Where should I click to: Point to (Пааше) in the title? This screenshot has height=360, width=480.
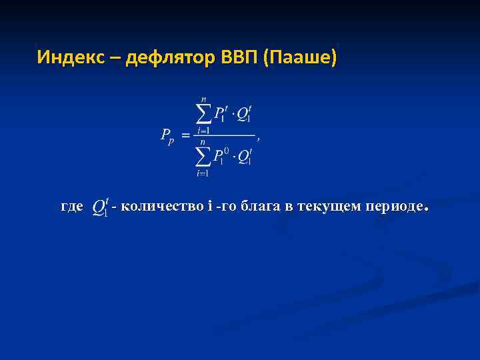click(x=301, y=58)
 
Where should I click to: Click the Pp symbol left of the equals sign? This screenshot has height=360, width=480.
click(x=167, y=136)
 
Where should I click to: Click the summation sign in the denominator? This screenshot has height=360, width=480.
click(x=203, y=157)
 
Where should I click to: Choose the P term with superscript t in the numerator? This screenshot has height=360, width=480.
click(x=220, y=114)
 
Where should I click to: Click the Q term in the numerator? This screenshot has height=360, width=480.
click(x=244, y=114)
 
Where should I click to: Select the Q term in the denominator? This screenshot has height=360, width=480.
click(x=245, y=157)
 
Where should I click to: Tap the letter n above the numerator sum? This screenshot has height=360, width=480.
click(x=203, y=99)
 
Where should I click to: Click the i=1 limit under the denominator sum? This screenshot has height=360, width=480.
click(x=203, y=173)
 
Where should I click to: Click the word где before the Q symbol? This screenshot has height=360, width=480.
click(x=72, y=207)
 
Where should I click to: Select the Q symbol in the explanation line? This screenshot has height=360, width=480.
click(x=101, y=207)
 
